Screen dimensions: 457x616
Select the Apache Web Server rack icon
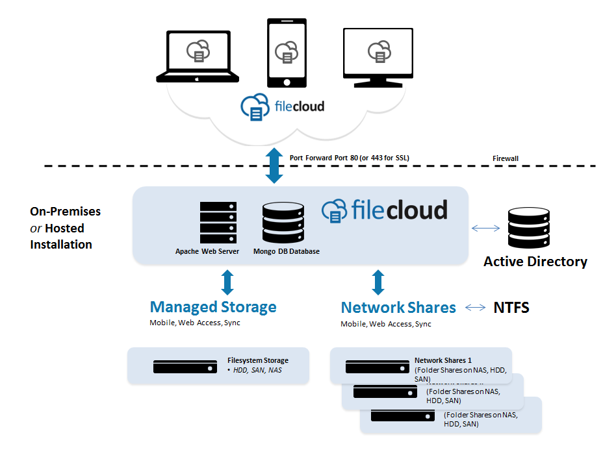click(218, 223)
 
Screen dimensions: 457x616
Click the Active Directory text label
click(535, 262)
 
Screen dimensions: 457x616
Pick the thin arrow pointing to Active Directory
click(485, 228)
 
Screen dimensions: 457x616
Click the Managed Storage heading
click(213, 307)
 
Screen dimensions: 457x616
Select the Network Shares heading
click(398, 307)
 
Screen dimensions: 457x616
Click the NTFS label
click(511, 308)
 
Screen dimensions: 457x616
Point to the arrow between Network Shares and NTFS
click(475, 308)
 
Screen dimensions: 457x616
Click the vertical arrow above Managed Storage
click(227, 282)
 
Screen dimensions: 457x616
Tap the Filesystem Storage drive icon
click(185, 367)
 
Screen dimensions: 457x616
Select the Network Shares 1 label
click(443, 360)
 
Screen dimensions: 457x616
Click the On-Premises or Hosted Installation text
click(65, 228)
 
